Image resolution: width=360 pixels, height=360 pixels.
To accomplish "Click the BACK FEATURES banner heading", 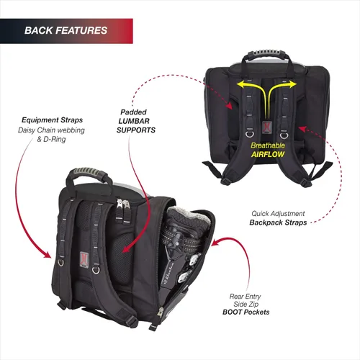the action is (x=66, y=30).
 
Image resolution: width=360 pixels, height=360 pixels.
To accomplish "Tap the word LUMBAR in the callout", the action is (x=134, y=121).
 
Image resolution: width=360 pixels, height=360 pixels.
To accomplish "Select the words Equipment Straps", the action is (x=52, y=120).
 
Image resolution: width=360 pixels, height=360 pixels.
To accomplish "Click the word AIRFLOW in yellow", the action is (x=268, y=154).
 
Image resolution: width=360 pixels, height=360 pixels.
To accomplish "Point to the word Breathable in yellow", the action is (x=268, y=145).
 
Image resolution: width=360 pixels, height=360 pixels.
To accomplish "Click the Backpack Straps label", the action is (x=278, y=222).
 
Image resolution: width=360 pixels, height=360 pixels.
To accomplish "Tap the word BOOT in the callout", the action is (x=232, y=312).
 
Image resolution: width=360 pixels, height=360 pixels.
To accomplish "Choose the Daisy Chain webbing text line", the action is (x=51, y=130).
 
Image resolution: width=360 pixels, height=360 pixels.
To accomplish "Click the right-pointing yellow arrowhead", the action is (x=292, y=84).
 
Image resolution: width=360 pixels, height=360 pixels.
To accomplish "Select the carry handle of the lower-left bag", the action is (x=89, y=174).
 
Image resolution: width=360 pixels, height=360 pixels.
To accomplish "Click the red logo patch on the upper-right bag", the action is (x=266, y=127).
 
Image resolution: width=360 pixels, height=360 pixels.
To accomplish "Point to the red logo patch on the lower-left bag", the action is (x=84, y=259).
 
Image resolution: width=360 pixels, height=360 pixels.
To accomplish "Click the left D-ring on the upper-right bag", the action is (x=250, y=134).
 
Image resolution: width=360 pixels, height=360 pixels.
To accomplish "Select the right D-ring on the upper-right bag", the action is (x=284, y=135).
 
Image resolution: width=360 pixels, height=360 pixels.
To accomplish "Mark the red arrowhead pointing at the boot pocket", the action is (x=215, y=243).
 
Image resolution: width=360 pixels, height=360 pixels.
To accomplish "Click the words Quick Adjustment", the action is (x=278, y=213).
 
